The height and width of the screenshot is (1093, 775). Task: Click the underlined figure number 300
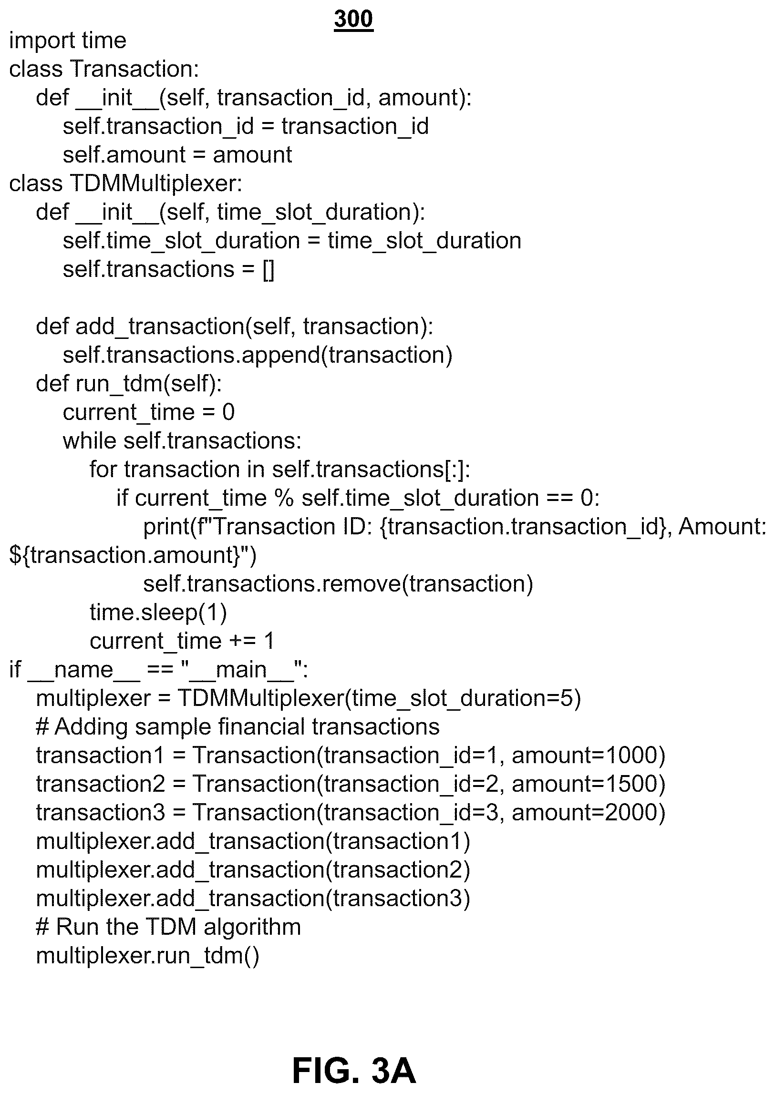click(x=353, y=20)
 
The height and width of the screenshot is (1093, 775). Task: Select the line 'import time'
click(x=68, y=41)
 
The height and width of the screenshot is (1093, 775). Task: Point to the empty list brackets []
click(x=269, y=270)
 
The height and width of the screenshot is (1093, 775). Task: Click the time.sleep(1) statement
click(x=158, y=613)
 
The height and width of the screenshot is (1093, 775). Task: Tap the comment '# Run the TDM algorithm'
click(x=168, y=927)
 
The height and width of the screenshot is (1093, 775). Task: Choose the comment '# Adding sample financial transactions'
click(x=238, y=727)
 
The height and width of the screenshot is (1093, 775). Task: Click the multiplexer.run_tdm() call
click(x=148, y=956)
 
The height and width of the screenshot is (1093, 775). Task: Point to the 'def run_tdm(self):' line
click(x=129, y=384)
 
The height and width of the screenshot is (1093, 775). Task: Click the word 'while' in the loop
click(x=89, y=441)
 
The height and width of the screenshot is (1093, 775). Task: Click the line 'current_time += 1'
click(x=182, y=642)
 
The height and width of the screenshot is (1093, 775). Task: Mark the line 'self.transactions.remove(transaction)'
click(x=338, y=584)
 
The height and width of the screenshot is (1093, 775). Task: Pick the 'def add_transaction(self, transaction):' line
click(x=235, y=327)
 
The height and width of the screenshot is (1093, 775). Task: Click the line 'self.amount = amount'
click(x=177, y=155)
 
